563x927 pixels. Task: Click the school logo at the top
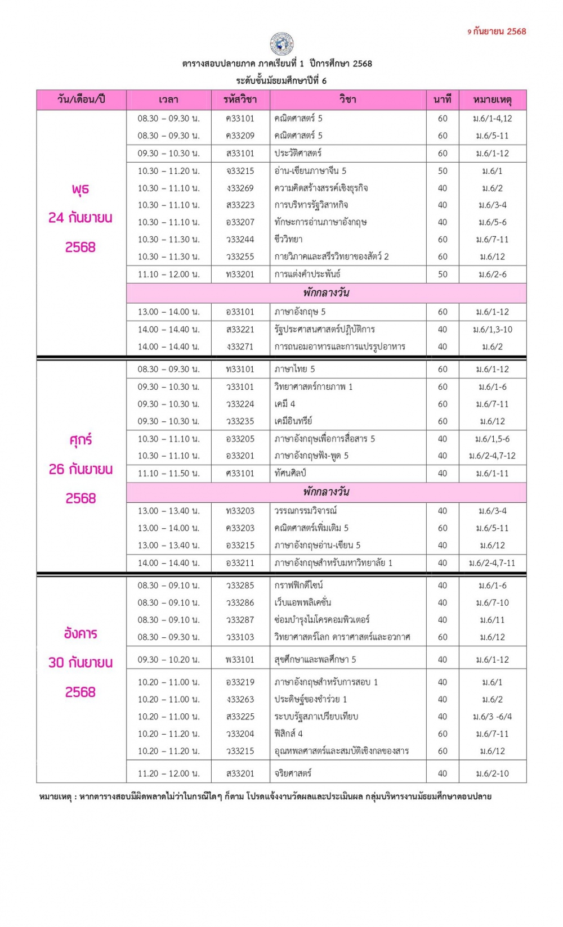[x=281, y=43]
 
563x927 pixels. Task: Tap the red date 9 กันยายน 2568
[x=497, y=31]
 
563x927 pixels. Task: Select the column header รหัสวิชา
[x=240, y=100]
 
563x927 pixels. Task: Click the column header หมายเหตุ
[x=492, y=100]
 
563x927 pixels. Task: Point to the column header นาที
[x=443, y=100]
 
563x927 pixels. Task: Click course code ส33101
[x=240, y=153]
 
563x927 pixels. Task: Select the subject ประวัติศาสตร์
[x=298, y=153]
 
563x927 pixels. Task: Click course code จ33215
[x=240, y=170]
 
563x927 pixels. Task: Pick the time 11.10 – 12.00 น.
[x=168, y=274]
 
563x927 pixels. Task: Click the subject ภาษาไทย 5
[x=294, y=369]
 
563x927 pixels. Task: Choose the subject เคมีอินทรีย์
[x=293, y=421]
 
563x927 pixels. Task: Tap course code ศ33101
[x=240, y=473]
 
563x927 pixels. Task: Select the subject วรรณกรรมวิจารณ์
[x=305, y=511]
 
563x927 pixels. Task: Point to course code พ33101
[x=240, y=659]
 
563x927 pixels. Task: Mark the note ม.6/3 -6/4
[x=492, y=717]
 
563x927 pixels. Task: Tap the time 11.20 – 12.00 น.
[x=168, y=773]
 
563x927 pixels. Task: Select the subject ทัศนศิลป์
[x=290, y=473]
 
